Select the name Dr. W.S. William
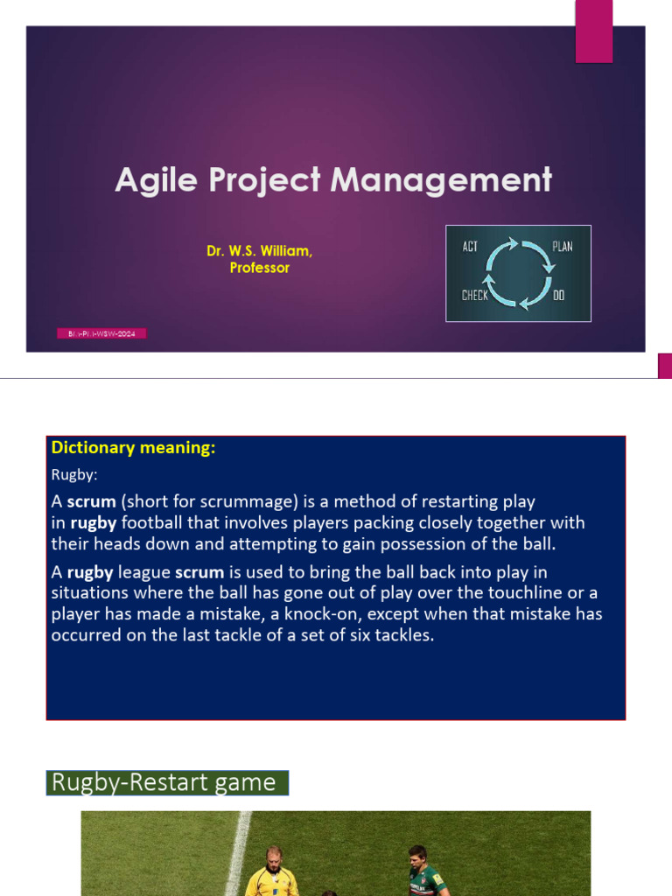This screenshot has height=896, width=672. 259,251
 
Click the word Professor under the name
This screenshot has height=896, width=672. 259,268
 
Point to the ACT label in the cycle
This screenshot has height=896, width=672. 471,246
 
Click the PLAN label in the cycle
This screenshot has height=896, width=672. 563,246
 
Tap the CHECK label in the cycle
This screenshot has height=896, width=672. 475,296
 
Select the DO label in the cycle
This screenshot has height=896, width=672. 559,296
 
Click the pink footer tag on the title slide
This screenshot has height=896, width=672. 102,333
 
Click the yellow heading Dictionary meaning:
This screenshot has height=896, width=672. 133,448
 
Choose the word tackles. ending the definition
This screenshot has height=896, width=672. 402,635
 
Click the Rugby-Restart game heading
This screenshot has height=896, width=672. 167,781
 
